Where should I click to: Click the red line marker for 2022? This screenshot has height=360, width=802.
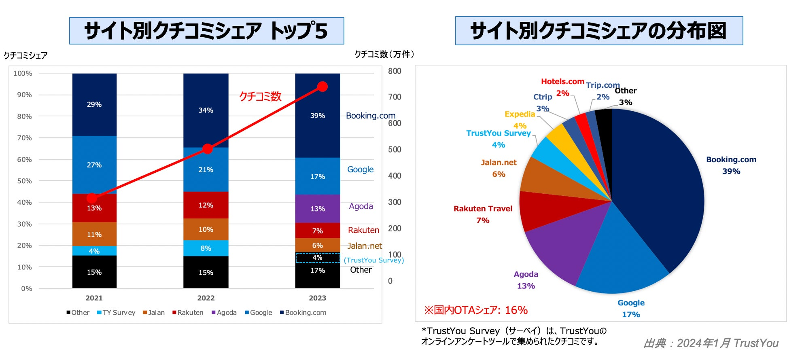point(208,149)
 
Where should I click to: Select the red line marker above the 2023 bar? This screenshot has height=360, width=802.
point(322,87)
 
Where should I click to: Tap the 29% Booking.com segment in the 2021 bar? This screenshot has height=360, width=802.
point(94,104)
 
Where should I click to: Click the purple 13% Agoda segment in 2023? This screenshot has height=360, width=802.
point(318,209)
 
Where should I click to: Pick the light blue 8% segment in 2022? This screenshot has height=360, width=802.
point(206,248)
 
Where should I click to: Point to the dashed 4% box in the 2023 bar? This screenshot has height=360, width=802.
point(318,258)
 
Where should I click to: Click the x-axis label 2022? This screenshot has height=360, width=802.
point(206,298)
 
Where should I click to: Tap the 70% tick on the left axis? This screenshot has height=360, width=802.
point(24,138)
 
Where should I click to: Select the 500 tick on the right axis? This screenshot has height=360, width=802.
point(395,149)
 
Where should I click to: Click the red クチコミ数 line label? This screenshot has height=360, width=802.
point(260,96)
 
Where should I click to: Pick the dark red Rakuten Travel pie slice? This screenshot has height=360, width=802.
point(542,210)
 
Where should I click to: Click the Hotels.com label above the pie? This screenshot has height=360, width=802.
point(562,82)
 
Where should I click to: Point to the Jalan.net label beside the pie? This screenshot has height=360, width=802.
point(499,163)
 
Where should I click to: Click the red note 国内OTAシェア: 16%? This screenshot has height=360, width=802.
point(476,310)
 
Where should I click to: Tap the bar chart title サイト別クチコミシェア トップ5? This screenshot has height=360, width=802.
point(206,31)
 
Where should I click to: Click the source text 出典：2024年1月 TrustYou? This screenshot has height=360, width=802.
point(711,343)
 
